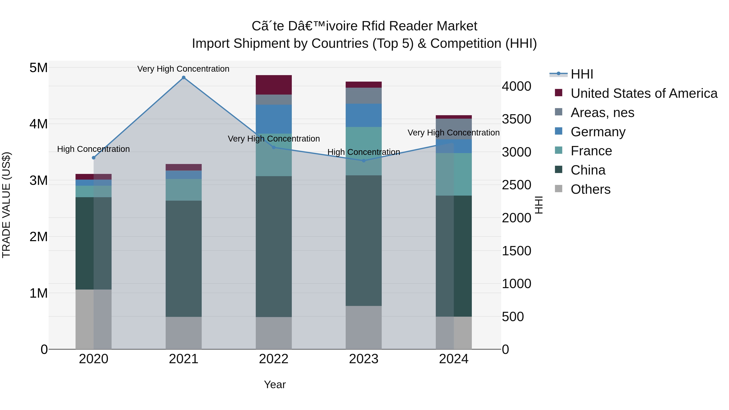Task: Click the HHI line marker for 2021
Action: point(183,78)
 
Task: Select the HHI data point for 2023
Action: point(364,161)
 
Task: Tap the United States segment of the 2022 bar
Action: point(273,85)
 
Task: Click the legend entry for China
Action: point(588,170)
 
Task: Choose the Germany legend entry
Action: point(598,132)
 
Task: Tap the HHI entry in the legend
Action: point(582,74)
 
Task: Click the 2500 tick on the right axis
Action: point(516,185)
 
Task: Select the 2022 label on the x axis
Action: point(273,359)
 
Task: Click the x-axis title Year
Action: point(275,384)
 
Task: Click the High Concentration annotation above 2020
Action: point(93,149)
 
